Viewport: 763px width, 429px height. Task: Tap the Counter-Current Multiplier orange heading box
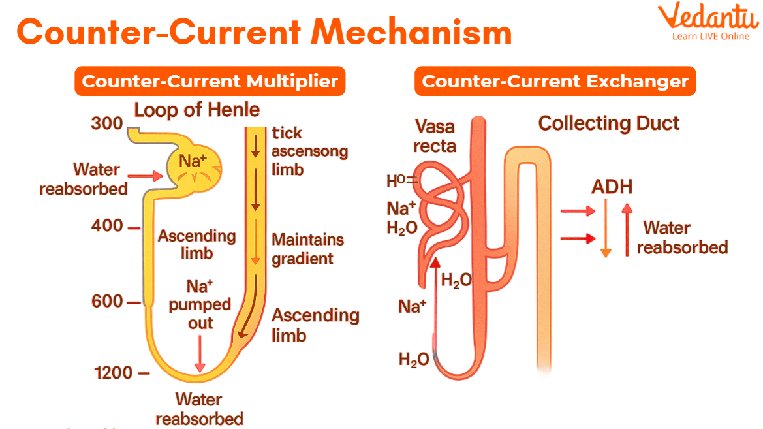210,82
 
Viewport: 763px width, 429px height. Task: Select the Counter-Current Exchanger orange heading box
555,82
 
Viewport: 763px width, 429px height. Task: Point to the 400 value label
108,226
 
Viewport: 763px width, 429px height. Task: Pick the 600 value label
108,302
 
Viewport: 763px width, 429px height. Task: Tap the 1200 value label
114,373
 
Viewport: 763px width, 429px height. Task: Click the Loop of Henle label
197,110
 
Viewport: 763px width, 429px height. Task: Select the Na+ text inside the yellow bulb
190,160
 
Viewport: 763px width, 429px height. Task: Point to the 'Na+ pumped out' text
200,304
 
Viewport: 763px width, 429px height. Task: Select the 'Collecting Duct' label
608,123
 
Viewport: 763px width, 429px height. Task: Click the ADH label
612,187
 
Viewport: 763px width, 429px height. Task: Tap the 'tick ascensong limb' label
309,151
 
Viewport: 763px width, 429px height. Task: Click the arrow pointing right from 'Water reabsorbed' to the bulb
146,176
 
